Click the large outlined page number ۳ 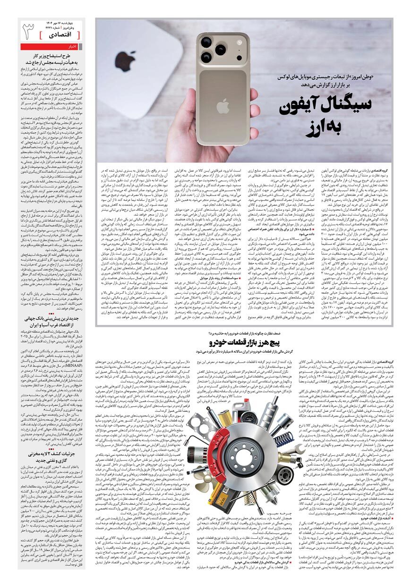(29, 33)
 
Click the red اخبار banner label (71, 47)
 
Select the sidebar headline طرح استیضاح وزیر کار (52, 56)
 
